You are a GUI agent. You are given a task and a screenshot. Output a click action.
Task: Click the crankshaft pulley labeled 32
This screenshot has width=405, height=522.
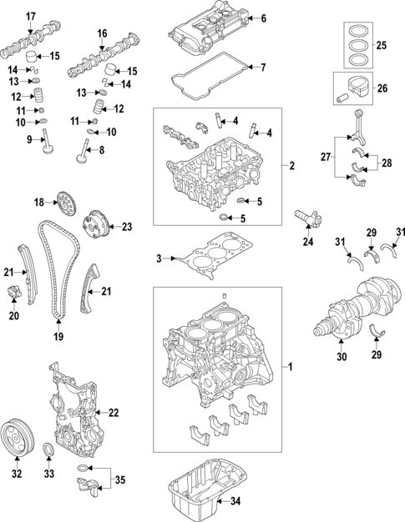[x=17, y=436]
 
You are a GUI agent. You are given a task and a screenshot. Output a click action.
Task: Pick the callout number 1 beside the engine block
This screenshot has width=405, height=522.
[x=291, y=367]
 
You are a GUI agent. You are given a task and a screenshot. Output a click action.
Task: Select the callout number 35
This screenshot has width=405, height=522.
[x=119, y=481]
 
